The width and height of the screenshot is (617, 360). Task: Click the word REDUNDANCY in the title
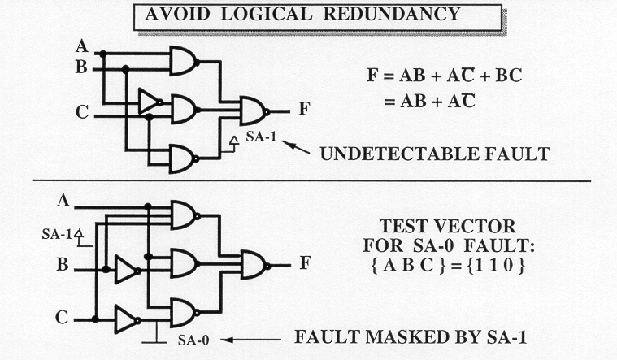[392, 14]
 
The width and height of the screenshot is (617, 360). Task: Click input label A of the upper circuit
[82, 46]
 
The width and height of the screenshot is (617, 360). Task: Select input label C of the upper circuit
[82, 112]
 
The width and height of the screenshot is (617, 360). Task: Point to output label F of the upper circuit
[304, 109]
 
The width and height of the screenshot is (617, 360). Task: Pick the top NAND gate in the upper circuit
[185, 61]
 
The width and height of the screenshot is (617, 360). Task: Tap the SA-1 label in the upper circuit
[261, 137]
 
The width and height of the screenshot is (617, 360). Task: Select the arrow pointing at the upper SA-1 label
[296, 147]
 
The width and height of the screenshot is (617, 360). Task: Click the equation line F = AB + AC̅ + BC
[445, 75]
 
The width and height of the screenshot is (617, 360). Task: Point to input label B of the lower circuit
[63, 264]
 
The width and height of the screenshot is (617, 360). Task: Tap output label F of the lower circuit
[306, 262]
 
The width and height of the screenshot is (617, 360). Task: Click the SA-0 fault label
[193, 340]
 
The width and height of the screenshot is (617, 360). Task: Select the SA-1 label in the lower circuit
[58, 234]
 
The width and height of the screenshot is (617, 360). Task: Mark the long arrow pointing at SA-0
[250, 340]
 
